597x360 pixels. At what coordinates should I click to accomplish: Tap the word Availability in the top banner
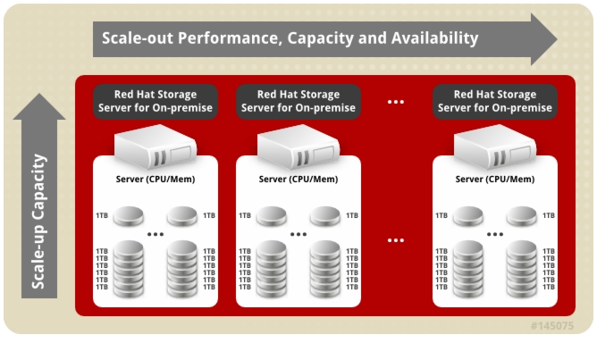point(435,38)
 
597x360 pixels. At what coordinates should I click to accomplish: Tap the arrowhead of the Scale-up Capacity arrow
point(39,107)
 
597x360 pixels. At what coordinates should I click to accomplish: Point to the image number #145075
point(552,326)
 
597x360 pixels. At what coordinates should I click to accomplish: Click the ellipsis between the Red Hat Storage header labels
point(396,102)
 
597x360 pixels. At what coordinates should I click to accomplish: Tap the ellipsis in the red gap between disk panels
point(396,240)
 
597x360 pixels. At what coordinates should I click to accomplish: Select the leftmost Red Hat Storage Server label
point(156,101)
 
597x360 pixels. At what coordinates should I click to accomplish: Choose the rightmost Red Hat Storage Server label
point(495,101)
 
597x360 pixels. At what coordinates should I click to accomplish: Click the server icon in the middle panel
point(298,147)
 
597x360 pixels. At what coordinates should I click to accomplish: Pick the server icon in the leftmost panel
point(156,147)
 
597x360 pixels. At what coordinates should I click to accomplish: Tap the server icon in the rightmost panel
point(495,147)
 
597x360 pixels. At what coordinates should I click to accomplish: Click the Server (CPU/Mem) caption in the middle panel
point(298,179)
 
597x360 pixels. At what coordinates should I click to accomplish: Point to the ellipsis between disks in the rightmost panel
point(495,234)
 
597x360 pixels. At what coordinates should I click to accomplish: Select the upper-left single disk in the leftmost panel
point(129,216)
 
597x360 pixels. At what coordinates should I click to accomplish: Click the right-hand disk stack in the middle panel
point(325,269)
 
